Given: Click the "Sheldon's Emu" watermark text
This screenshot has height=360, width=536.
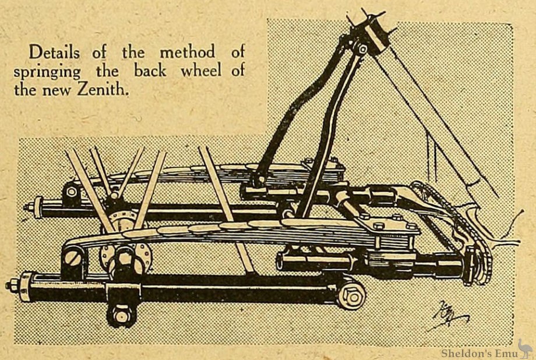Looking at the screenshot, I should (475, 353).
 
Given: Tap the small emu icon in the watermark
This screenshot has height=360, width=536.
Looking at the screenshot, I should (524, 348).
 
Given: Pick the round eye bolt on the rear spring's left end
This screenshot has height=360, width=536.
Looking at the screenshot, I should (72, 192).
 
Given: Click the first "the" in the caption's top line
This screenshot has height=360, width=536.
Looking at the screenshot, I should (132, 52).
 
